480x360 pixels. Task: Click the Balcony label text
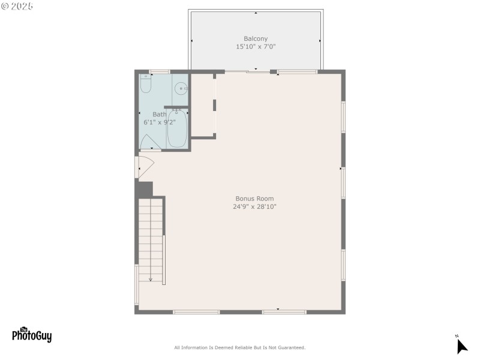tap(256, 39)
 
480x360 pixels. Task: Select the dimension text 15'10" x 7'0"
tap(256, 47)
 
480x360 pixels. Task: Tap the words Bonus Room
tap(254, 199)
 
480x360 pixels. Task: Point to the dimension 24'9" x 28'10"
tap(254, 206)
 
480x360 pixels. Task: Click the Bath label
tap(159, 114)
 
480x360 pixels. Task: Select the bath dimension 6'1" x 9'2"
tap(159, 122)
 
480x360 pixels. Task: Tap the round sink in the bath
tap(181, 89)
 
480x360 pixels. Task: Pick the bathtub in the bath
tap(177, 128)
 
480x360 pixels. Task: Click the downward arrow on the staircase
tap(150, 274)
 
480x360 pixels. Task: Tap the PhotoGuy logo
tap(32, 334)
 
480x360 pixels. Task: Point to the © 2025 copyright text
tap(17, 6)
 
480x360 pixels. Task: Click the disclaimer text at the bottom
tap(239, 347)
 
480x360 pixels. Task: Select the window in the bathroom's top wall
tap(159, 72)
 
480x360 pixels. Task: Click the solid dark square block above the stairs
tap(144, 188)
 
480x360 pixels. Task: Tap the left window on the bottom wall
tap(196, 312)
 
